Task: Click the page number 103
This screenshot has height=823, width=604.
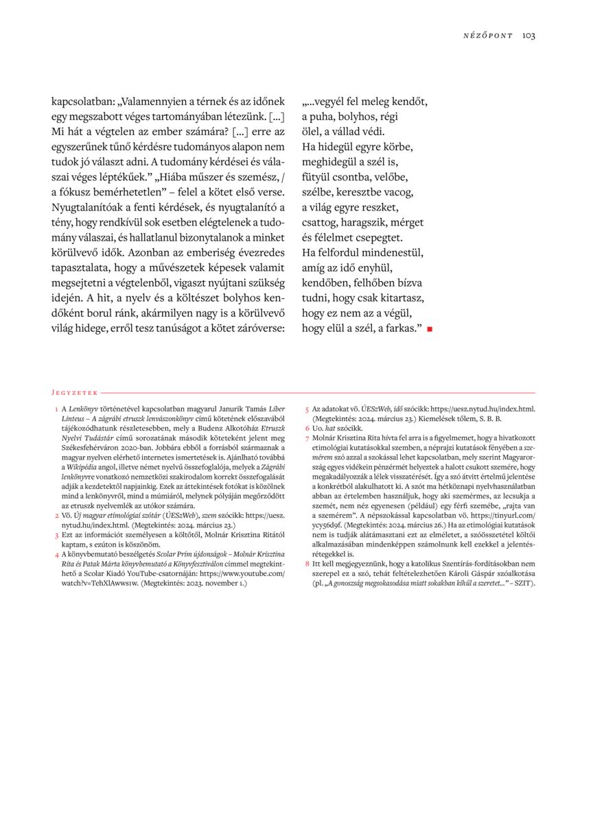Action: point(528,36)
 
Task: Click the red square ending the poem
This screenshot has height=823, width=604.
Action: point(430,329)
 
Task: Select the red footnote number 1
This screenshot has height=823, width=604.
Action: point(56,409)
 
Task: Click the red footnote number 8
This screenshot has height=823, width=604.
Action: point(307,562)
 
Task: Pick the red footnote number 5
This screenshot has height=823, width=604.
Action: point(307,409)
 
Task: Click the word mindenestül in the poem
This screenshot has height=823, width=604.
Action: point(390,252)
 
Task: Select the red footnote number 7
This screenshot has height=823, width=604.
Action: point(307,438)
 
